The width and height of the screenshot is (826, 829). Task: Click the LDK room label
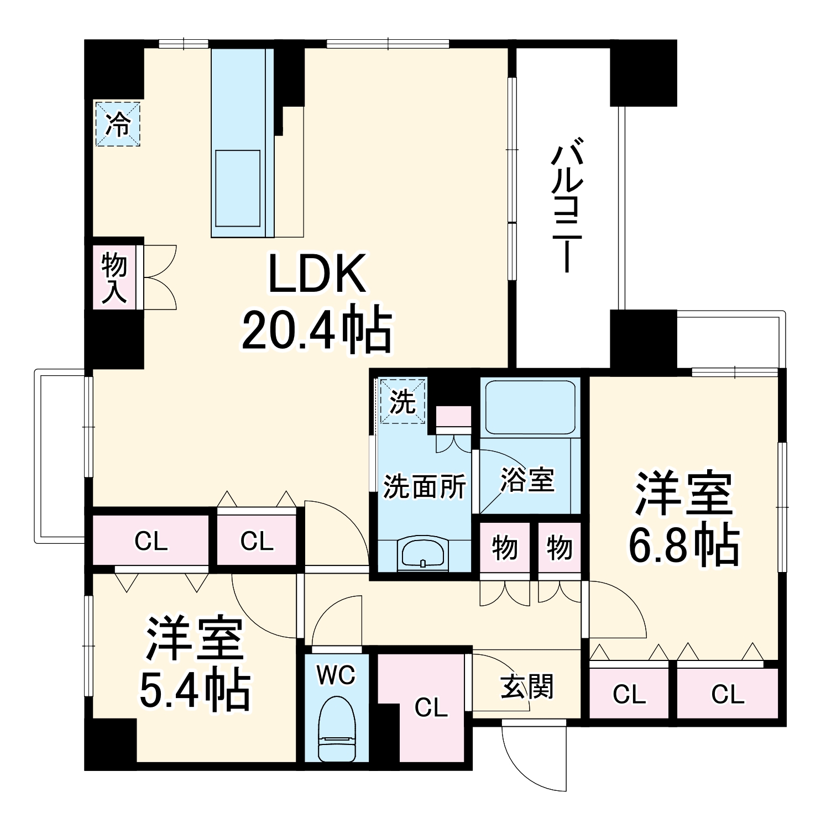(317, 274)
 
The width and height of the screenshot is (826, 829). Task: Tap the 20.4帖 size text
(317, 330)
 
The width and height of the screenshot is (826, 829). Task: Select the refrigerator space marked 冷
(118, 124)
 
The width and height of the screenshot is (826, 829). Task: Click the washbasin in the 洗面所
(423, 553)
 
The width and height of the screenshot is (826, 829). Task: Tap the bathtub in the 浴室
(530, 407)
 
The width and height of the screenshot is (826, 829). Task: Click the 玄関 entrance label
(527, 688)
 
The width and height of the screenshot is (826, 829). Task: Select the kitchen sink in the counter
(238, 188)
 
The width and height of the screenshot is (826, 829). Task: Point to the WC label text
(337, 675)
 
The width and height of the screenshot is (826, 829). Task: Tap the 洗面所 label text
(425, 487)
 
